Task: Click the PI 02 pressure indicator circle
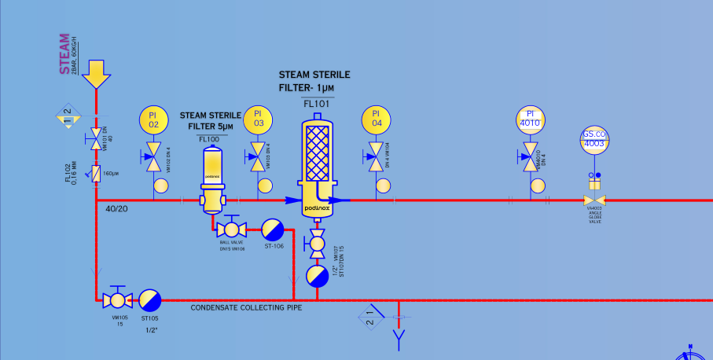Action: (154, 120)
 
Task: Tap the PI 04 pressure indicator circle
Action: (377, 120)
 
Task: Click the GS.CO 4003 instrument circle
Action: (594, 139)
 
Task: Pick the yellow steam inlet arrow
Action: (96, 74)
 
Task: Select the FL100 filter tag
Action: (209, 139)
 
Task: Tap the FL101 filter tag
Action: (317, 102)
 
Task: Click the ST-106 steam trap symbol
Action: (273, 229)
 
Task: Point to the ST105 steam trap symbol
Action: (149, 299)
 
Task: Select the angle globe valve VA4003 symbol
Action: (594, 200)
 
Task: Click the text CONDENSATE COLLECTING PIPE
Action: (246, 307)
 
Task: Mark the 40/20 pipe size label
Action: (117, 209)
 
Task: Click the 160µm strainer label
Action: (110, 173)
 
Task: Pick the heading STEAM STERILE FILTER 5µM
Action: (210, 120)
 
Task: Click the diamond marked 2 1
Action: (370, 318)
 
